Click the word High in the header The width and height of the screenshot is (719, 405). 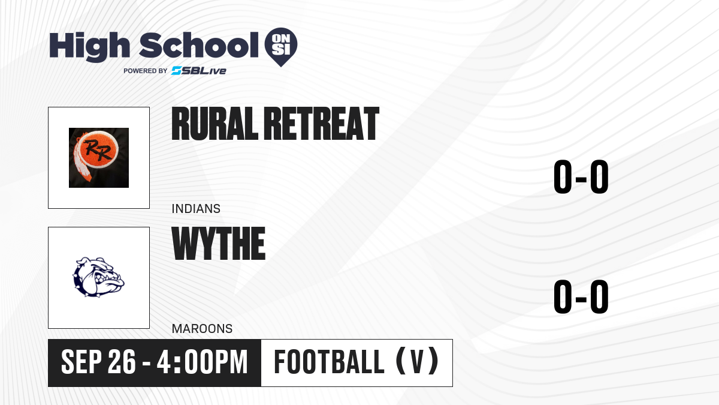point(89,46)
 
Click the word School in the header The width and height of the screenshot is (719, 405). point(199,45)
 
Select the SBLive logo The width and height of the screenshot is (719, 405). point(199,71)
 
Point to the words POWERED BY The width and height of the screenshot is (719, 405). point(146,71)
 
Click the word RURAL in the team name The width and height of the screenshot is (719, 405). point(215,124)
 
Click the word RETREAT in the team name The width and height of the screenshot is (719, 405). point(322,124)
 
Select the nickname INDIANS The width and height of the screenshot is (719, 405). point(196,209)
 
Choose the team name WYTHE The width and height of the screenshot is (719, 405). point(219,244)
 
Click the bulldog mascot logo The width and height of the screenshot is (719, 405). point(98,277)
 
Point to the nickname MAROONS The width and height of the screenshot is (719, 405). point(203,329)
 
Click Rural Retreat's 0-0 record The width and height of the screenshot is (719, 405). point(581,177)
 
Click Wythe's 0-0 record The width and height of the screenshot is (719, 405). point(581,296)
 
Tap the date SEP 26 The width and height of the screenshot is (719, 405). point(98,362)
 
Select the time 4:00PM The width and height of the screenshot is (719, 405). point(203,362)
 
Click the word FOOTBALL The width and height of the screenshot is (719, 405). point(329,362)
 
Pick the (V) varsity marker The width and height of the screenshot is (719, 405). point(417,361)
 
